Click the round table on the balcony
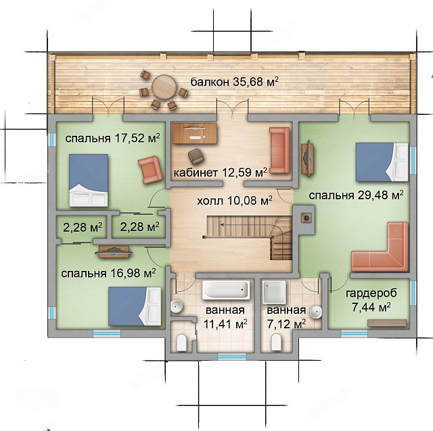164,87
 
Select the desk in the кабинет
194,134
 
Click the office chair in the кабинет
196,156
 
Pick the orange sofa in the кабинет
279,151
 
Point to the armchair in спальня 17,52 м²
150,170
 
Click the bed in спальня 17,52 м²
89,180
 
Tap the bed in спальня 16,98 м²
135,306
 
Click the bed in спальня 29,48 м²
382,162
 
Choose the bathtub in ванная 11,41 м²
226,290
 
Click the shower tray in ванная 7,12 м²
274,292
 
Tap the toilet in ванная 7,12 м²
276,342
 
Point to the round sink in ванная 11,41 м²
176,306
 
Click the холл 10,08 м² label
235,201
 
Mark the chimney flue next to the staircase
306,218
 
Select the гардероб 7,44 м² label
371,300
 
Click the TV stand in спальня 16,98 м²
114,251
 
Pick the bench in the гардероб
387,323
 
